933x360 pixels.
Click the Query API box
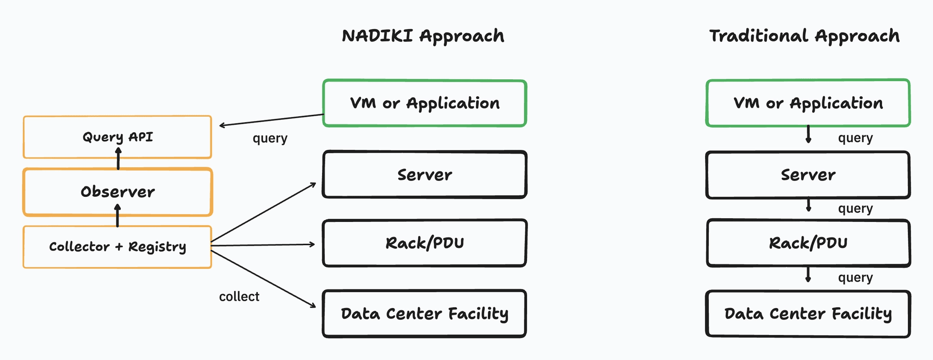[118, 137]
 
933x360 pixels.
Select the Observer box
[118, 192]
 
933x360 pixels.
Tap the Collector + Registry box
[118, 247]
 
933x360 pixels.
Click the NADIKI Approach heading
[423, 36]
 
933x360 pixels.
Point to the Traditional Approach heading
[804, 36]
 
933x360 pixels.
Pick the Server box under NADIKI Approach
[425, 175]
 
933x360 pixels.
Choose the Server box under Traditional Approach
[808, 175]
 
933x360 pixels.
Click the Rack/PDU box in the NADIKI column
[425, 243]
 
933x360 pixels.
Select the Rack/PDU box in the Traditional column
[808, 243]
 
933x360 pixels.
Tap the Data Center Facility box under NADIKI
[425, 314]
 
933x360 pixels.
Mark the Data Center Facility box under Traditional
[808, 314]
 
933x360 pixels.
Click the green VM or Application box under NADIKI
[425, 103]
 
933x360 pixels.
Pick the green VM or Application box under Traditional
[808, 103]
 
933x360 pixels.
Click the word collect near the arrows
[239, 297]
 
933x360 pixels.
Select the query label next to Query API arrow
[270, 138]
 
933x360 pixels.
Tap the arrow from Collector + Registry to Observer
[118, 216]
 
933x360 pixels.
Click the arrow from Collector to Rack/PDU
[263, 245]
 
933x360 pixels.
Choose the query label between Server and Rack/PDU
[855, 209]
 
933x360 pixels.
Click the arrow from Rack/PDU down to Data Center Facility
[808, 275]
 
